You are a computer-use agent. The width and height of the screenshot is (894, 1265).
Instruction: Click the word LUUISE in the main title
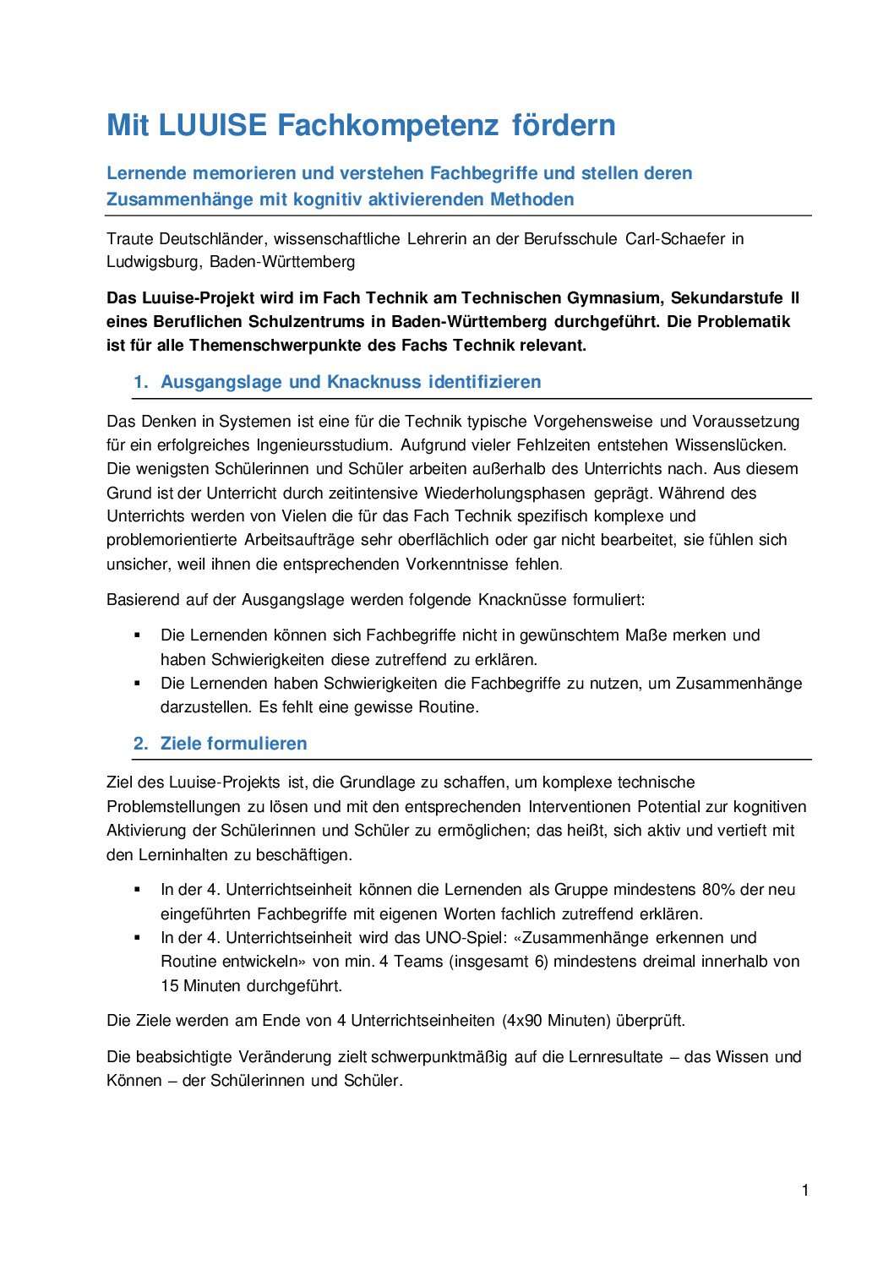tap(212, 125)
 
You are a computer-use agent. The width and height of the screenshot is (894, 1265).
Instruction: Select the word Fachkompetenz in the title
tap(388, 125)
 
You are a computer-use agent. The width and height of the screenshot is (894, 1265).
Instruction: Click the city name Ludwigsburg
tap(154, 262)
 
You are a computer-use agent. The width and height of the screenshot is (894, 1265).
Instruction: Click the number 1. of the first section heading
tap(140, 382)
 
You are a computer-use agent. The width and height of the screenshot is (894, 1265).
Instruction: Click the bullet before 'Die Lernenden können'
tap(137, 635)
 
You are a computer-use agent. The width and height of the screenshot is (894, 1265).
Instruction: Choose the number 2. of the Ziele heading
tap(140, 744)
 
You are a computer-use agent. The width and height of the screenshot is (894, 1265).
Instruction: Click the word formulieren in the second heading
tap(258, 744)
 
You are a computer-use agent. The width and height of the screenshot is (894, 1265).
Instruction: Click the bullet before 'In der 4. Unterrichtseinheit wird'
tap(137, 938)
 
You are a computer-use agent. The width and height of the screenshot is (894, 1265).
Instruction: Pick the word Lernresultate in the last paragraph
tap(613, 1057)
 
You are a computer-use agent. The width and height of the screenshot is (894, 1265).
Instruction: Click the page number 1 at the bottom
tap(805, 1191)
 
